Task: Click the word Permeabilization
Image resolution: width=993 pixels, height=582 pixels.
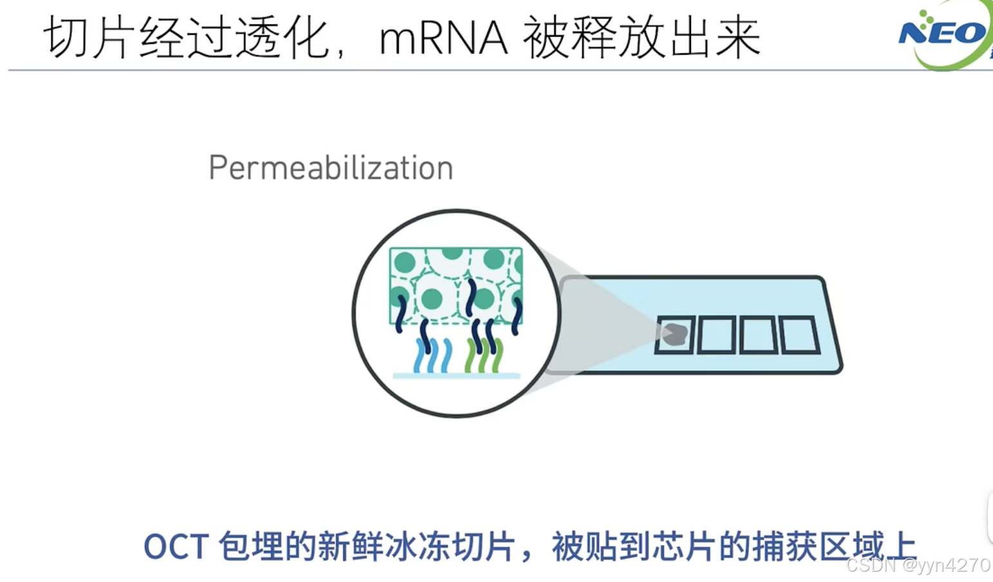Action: pos(331,168)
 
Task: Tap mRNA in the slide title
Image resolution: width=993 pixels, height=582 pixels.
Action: pos(443,39)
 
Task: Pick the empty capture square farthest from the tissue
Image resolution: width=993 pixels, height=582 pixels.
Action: pos(799,335)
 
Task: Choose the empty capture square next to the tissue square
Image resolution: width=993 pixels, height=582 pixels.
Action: pos(716,335)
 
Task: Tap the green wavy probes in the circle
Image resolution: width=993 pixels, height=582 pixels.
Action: pos(483,356)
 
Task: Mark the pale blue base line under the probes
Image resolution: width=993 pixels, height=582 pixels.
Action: pos(457,375)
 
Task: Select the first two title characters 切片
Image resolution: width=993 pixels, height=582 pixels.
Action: pos(90,39)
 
